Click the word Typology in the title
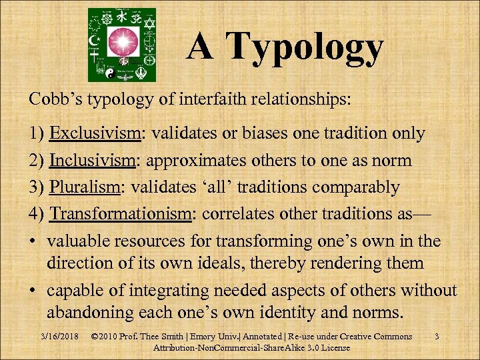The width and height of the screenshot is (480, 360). (x=305, y=47)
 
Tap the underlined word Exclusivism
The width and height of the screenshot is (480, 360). (x=95, y=133)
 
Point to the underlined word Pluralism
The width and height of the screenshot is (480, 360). (x=83, y=187)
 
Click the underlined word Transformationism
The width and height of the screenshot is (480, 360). (x=122, y=214)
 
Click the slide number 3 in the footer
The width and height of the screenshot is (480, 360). (x=436, y=337)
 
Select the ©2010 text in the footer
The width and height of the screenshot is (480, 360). (x=105, y=337)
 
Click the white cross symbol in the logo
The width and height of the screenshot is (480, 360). (x=147, y=57)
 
